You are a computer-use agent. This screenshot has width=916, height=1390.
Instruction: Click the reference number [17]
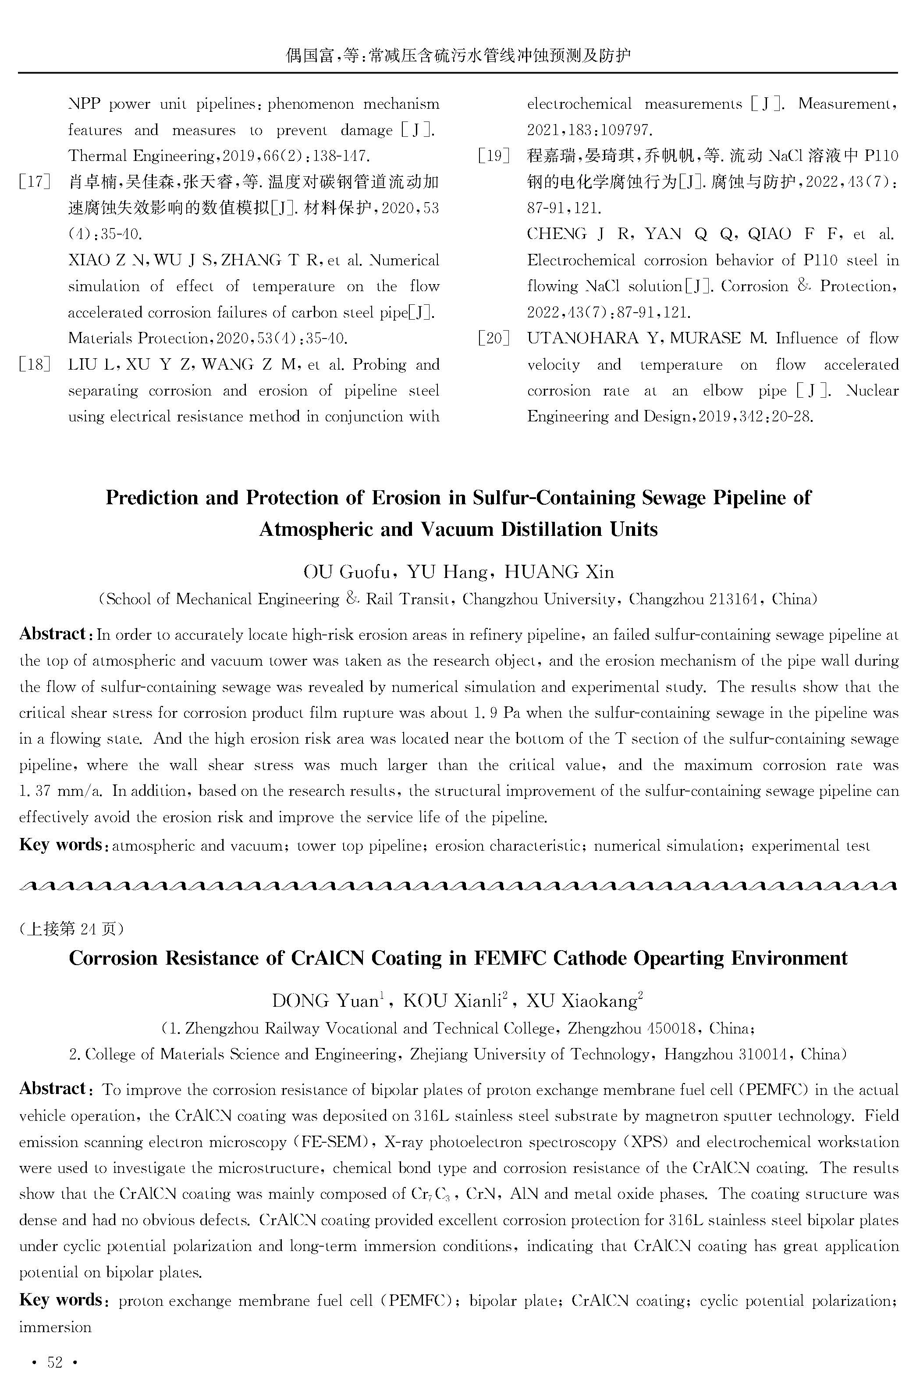coord(35,182)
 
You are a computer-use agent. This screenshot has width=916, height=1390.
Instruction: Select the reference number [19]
coord(494,156)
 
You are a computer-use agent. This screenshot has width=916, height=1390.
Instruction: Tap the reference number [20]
coord(494,339)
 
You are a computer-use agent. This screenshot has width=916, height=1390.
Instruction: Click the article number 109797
coord(628,130)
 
